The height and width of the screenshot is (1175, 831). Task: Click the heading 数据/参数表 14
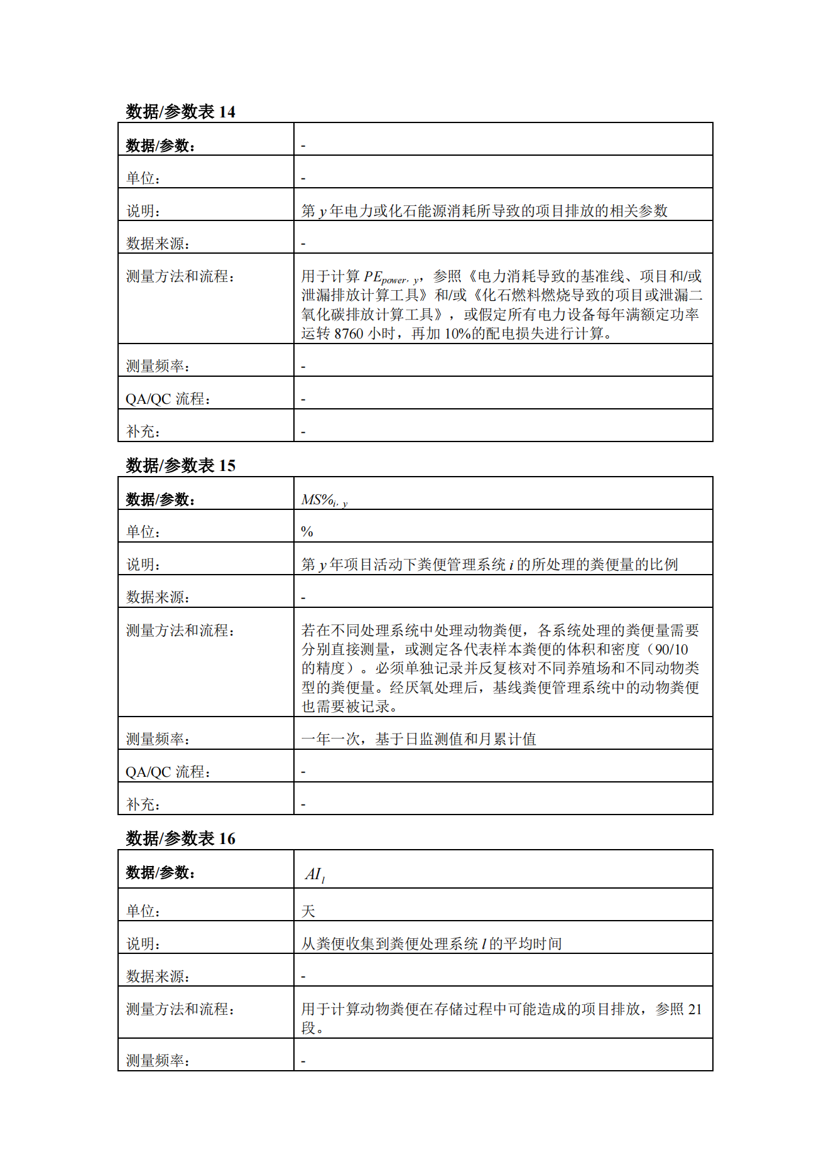point(180,112)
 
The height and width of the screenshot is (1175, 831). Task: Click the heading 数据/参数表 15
point(180,465)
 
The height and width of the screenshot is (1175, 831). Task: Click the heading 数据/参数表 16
point(180,838)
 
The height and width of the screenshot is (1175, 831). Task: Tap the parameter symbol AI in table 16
point(314,874)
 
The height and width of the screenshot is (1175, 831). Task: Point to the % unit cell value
point(307,532)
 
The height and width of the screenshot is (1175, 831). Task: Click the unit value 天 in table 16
point(308,911)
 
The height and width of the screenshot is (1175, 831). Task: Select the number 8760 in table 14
point(349,333)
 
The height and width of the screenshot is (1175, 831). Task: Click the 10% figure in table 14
point(457,333)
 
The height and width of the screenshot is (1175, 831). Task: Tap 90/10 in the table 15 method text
point(671,649)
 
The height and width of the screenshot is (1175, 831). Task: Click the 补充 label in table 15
point(143,804)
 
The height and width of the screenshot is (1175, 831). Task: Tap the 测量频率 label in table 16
point(157,1061)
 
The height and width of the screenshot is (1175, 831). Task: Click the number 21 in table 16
point(695,1009)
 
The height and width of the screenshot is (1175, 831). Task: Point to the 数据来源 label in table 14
point(157,244)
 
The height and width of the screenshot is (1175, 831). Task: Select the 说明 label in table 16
point(143,944)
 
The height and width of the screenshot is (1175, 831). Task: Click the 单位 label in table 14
point(143,178)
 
